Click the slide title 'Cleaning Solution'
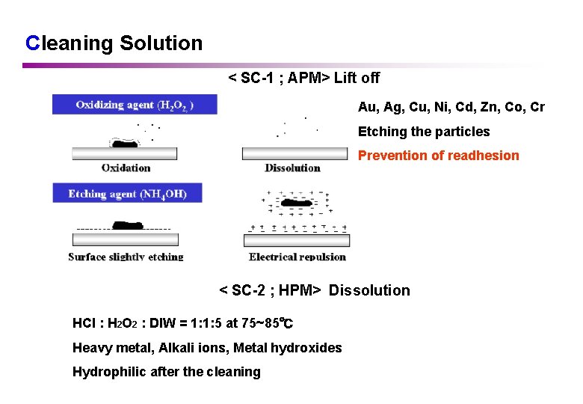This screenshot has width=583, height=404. tap(114, 43)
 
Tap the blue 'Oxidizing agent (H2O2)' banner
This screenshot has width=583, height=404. tap(135, 105)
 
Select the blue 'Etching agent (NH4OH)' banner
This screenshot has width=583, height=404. tap(127, 194)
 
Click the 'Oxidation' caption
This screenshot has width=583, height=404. tap(126, 168)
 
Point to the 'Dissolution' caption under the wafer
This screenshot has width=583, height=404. tap(292, 168)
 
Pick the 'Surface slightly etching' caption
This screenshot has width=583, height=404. tap(126, 257)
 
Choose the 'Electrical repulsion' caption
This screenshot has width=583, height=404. tap(297, 257)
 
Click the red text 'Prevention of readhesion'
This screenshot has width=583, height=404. tap(438, 156)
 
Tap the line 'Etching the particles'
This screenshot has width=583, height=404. tap(424, 132)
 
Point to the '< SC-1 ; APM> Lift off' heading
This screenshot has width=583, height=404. tap(303, 78)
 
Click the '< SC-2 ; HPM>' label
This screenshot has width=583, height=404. tap(270, 290)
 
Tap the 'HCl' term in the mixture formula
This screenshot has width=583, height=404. tap(83, 323)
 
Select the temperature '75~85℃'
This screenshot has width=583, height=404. tap(267, 323)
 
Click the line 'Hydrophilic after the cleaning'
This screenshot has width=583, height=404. tap(166, 372)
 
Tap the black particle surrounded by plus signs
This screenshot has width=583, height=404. tap(299, 203)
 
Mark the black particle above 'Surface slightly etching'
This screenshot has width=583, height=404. tap(128, 224)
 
